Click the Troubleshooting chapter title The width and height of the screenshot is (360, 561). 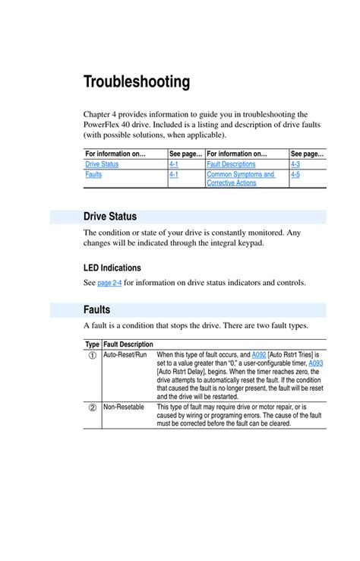pos(137,81)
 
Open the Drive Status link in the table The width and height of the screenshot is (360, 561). pos(102,164)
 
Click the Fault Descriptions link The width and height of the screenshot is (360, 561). pos(231,164)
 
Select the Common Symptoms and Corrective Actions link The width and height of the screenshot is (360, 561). pos(240,179)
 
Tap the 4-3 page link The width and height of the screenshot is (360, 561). pos(295,164)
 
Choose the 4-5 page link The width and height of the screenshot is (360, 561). pos(295,175)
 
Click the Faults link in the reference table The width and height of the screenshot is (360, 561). pos(93,175)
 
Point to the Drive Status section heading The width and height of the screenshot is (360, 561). pos(110,217)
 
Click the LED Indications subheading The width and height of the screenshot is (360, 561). pos(112,268)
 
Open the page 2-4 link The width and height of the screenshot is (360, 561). pos(109,284)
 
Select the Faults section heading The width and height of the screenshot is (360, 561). pos(97,310)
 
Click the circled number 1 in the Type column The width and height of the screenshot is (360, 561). pos(92,356)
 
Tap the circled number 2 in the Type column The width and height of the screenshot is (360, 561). pos(92,407)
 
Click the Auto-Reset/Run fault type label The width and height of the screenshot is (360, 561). pos(125,355)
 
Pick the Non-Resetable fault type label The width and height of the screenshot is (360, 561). pos(124,407)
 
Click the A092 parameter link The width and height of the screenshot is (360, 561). pos(260,355)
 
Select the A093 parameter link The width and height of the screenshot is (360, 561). pos(316,363)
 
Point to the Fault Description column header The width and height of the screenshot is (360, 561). pos(128,344)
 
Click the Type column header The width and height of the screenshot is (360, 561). pos(92,344)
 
